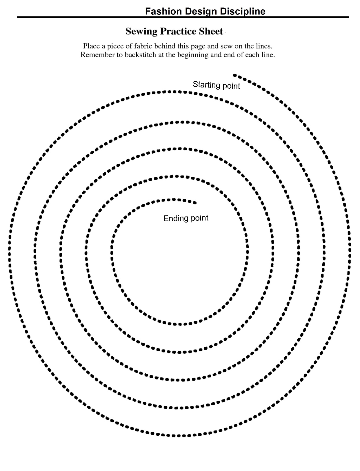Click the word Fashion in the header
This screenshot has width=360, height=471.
(x=163, y=11)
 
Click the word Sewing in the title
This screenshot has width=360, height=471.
(x=141, y=32)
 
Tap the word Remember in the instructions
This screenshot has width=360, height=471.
(x=97, y=55)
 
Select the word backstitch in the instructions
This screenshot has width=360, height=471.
(x=140, y=55)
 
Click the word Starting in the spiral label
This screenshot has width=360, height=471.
(x=206, y=85)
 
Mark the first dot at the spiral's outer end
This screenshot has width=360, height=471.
(x=234, y=75)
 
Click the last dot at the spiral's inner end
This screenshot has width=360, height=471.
(x=195, y=203)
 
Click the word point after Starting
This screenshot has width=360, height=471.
(x=231, y=86)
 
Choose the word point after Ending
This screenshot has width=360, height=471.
(x=199, y=218)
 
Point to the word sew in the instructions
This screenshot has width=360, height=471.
(x=226, y=46)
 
